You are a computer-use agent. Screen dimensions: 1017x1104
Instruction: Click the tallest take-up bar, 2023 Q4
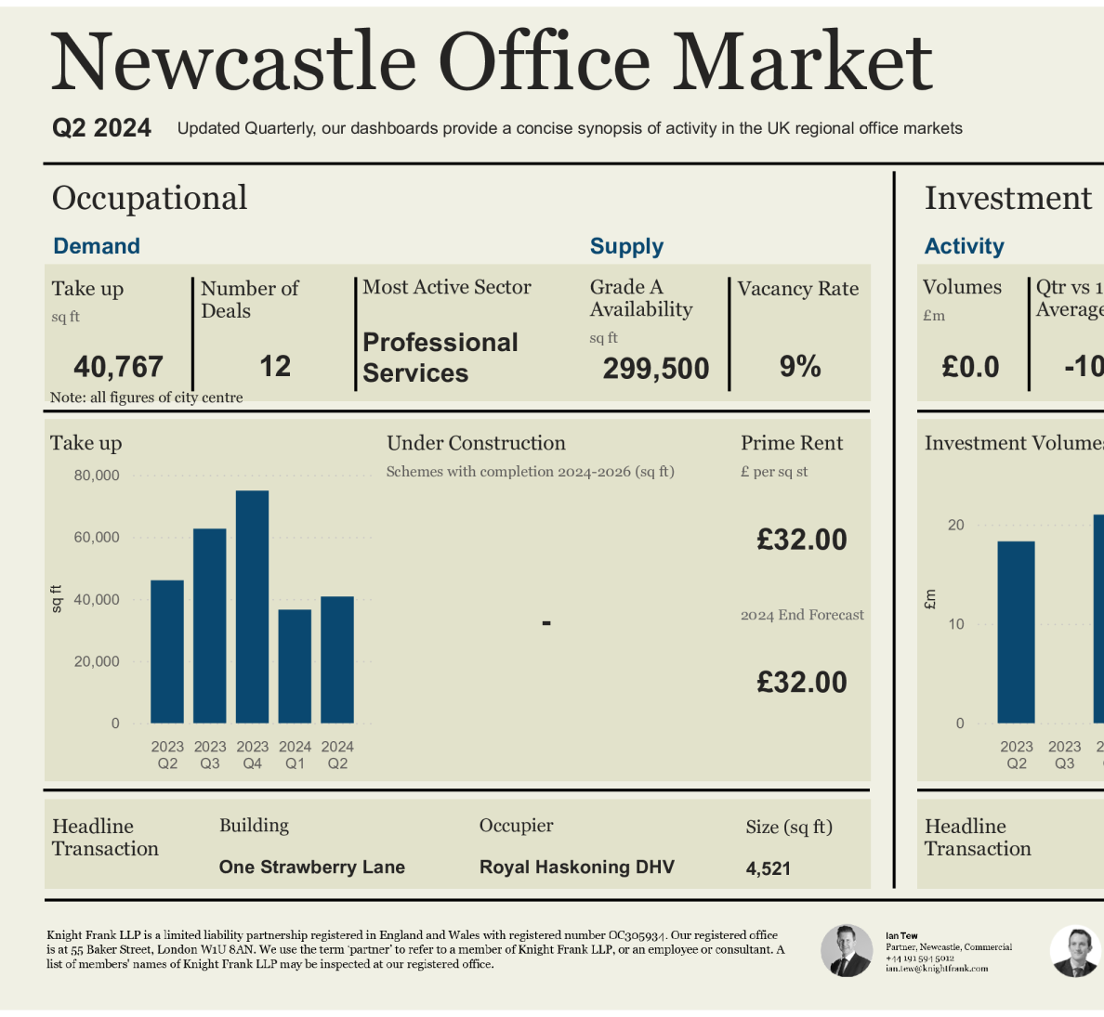pos(252,606)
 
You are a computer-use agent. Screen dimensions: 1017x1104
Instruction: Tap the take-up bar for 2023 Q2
pos(167,651)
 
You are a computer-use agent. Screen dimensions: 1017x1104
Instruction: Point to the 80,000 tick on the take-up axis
pos(97,476)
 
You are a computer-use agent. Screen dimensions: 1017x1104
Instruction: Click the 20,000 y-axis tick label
pos(97,661)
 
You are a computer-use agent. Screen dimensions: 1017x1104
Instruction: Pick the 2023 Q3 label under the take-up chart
pos(210,754)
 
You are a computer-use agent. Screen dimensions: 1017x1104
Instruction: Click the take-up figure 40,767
pos(118,367)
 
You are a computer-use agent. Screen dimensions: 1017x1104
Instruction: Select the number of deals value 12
pos(275,366)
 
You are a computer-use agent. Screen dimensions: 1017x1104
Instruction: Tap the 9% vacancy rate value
pos(799,366)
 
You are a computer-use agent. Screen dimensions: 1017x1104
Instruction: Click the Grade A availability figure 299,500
pos(655,369)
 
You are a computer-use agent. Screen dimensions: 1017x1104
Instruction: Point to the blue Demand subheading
pos(97,246)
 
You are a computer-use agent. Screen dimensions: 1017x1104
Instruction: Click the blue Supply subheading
pos(626,246)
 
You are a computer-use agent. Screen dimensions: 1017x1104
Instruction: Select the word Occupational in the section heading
pos(150,198)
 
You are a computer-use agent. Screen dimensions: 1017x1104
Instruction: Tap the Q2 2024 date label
pos(101,128)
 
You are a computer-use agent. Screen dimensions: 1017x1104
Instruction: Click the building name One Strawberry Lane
pos(311,867)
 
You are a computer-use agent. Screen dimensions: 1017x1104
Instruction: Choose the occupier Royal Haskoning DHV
pos(576,867)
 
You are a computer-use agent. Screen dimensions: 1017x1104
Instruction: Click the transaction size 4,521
pos(768,868)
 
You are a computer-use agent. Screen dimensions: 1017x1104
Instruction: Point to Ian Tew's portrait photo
pos(847,950)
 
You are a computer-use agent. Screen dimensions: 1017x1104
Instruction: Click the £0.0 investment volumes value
pos(970,367)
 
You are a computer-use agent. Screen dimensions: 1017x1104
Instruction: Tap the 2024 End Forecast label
pos(802,615)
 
